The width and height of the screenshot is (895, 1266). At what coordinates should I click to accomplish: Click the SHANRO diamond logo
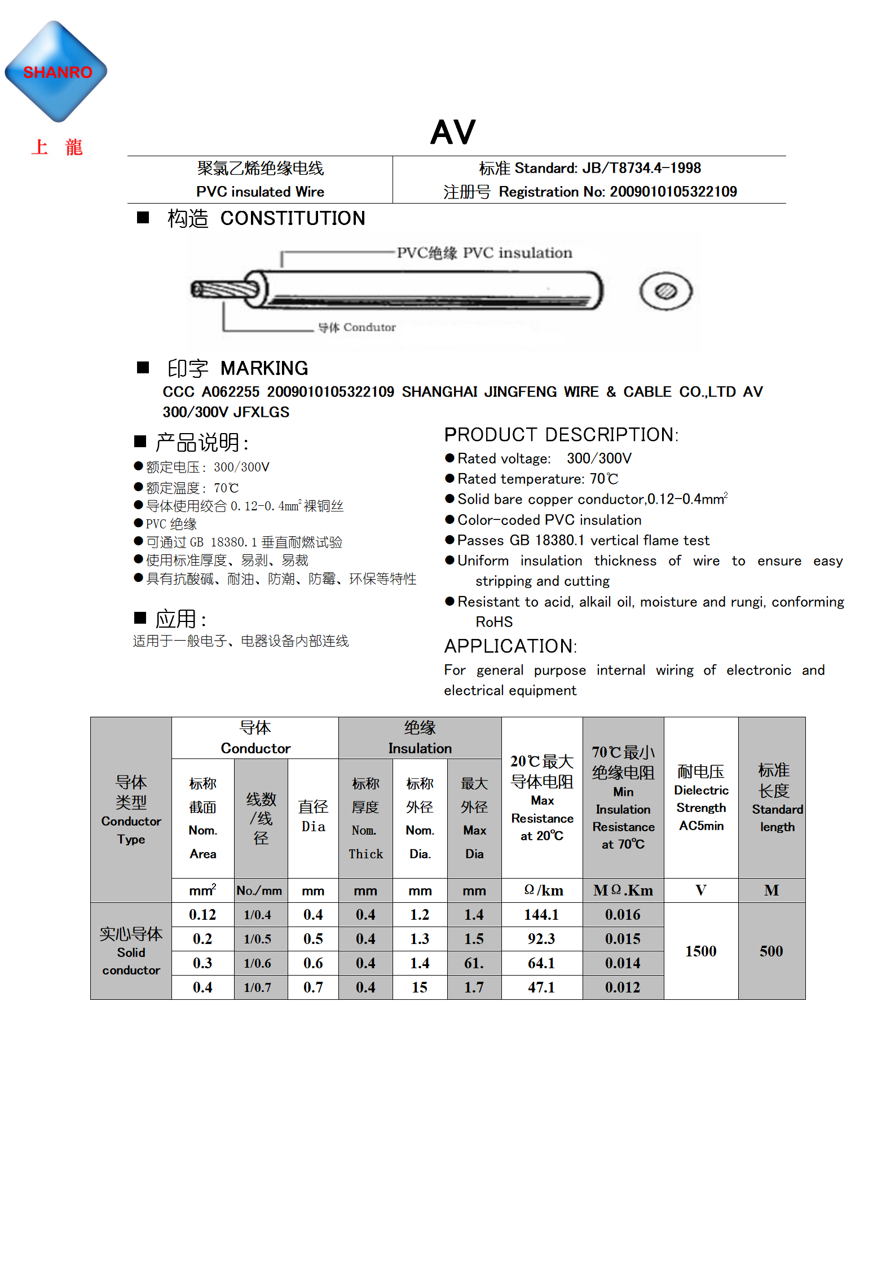56,72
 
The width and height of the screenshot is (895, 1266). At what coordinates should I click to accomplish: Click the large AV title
453,133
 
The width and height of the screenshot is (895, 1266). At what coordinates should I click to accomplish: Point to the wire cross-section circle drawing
665,291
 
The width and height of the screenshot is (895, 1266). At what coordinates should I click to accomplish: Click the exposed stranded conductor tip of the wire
223,290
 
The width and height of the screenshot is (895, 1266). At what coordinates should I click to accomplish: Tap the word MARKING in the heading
264,368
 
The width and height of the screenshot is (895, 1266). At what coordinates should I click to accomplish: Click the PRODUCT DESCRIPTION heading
561,435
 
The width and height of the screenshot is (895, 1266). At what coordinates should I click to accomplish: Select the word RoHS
494,621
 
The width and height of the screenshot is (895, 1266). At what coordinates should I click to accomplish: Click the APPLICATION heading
510,646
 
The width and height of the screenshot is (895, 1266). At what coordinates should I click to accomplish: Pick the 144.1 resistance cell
541,915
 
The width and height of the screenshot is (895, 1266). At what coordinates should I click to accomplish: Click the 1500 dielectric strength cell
700,951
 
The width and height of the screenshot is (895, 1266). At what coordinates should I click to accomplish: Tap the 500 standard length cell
771,951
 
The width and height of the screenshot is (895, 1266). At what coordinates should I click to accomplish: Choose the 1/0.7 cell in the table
258,987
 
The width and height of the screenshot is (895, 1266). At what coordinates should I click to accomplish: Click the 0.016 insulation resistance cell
623,915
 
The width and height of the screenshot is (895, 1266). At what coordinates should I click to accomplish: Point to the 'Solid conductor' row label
131,951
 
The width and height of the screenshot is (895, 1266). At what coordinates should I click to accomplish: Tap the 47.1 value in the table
541,987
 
